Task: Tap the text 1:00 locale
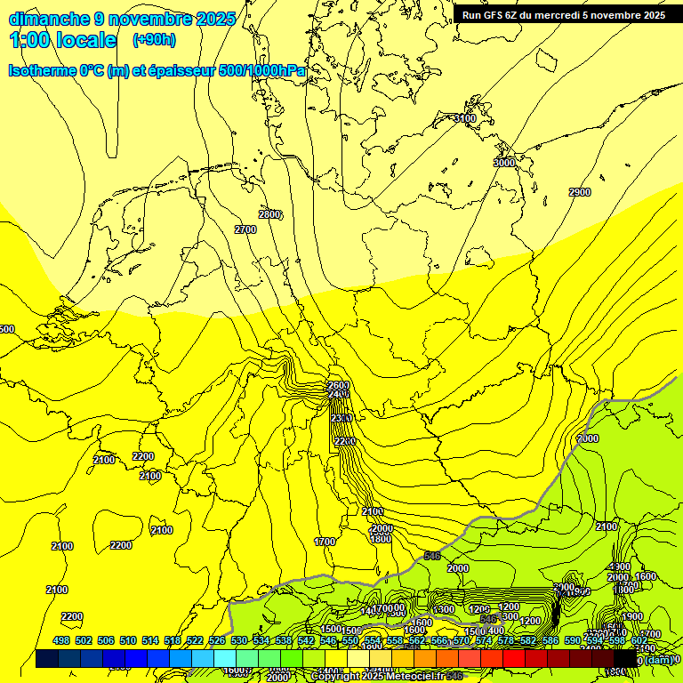tap(63, 40)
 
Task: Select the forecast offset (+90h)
tap(154, 40)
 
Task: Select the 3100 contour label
tap(464, 118)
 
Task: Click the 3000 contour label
tap(504, 163)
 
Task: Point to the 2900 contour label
tap(580, 192)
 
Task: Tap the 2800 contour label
tap(269, 214)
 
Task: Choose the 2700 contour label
tap(245, 229)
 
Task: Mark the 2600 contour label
tap(339, 385)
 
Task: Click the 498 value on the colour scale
tap(61, 640)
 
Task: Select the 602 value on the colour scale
tap(639, 640)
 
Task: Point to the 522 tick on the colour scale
tap(195, 640)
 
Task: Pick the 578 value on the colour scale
tap(506, 640)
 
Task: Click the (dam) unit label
tap(659, 659)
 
